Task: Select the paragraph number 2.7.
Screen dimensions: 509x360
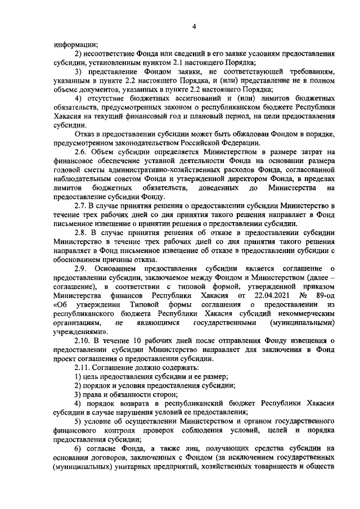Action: coord(82,206)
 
